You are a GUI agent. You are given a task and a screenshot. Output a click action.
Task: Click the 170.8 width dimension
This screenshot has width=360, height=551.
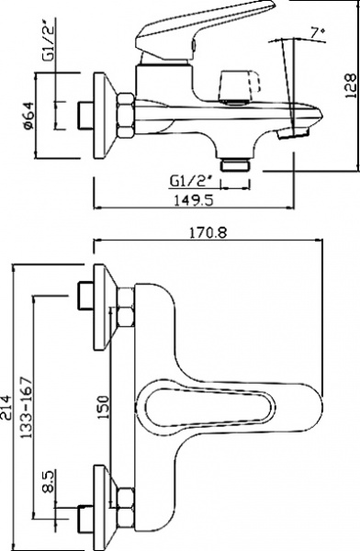click(211, 232)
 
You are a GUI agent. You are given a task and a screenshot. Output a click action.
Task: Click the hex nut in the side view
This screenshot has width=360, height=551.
click(126, 113)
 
